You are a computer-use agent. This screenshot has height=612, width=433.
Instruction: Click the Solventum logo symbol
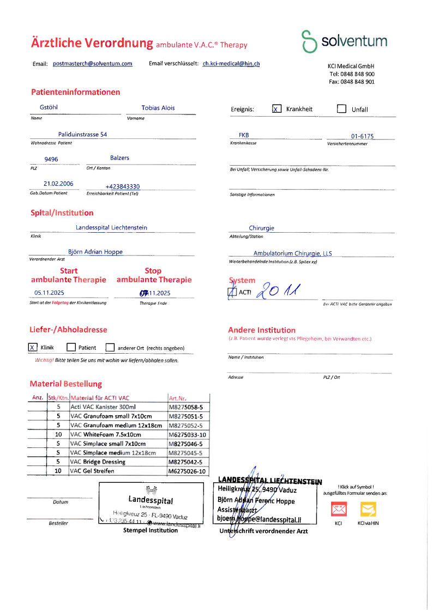[x=309, y=41]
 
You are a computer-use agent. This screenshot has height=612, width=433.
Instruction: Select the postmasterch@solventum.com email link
[x=93, y=64]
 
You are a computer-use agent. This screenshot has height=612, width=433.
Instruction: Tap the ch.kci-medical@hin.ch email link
[x=231, y=64]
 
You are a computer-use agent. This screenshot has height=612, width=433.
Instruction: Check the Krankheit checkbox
[x=276, y=108]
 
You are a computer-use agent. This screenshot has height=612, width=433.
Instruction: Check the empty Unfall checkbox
[x=341, y=108]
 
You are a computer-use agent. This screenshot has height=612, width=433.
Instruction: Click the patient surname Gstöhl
[x=49, y=108]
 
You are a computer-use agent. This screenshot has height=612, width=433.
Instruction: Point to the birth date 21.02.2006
[x=58, y=184]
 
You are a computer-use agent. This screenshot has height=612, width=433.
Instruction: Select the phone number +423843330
[x=122, y=186]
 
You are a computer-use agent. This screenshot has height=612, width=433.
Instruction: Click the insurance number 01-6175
[x=362, y=136]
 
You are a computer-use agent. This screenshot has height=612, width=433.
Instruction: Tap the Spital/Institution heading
[x=62, y=213]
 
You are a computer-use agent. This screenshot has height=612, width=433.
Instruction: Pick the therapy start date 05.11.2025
[x=49, y=293]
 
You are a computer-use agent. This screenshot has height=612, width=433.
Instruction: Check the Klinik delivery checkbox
[x=33, y=347]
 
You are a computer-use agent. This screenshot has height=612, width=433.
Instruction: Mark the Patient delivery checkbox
[x=71, y=347]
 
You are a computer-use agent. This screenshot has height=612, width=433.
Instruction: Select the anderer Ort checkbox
[x=110, y=347]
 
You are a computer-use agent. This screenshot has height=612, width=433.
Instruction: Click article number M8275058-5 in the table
[x=186, y=407]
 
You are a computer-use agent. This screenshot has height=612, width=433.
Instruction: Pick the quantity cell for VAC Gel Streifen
[x=58, y=471]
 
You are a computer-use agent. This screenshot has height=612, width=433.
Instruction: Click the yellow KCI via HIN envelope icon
[x=368, y=510]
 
